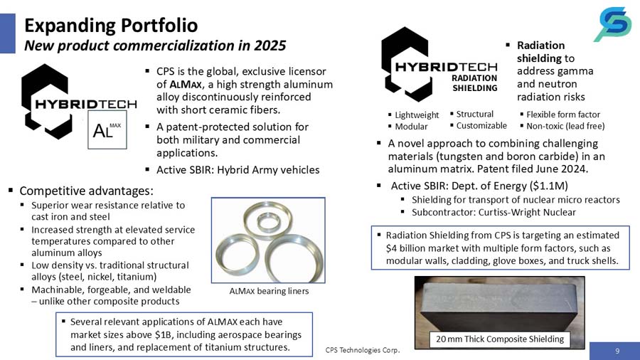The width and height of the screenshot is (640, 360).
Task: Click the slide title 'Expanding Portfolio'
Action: pyautogui.click(x=111, y=25)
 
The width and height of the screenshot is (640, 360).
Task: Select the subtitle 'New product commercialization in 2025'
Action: pyautogui.click(x=155, y=46)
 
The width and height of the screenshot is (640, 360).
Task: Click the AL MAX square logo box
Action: pyautogui.click(x=106, y=129)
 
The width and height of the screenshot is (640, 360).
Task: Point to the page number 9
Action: pyautogui.click(x=617, y=349)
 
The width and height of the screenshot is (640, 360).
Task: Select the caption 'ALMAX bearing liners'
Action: pyautogui.click(x=265, y=291)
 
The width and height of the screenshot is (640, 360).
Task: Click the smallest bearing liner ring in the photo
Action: pyautogui.click(x=268, y=220)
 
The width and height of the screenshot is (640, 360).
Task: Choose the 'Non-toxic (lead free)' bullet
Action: pyautogui.click(x=566, y=126)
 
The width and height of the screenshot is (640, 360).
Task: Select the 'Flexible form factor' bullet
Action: pyautogui.click(x=563, y=115)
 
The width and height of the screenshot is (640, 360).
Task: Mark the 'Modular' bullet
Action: pyautogui.click(x=411, y=126)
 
